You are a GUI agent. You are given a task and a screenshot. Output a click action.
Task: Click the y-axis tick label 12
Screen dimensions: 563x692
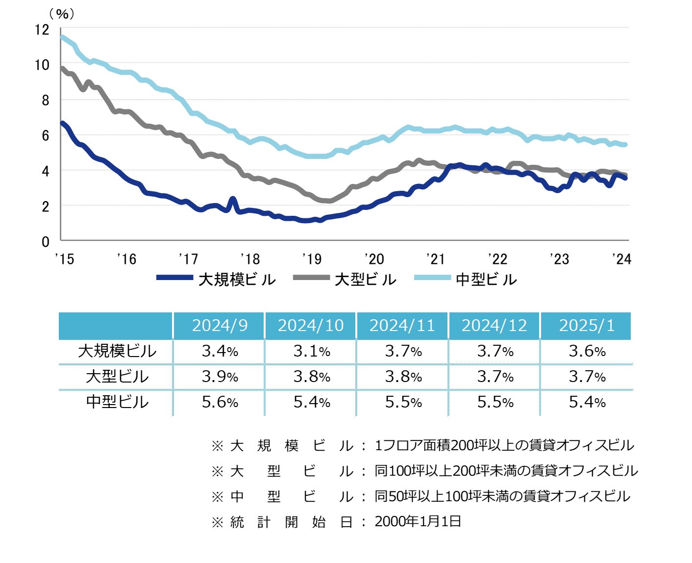tap(43, 29)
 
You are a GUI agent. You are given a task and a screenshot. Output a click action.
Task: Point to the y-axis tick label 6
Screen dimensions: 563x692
tap(46, 135)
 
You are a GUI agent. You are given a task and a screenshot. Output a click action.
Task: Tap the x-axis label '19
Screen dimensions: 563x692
tap(312, 258)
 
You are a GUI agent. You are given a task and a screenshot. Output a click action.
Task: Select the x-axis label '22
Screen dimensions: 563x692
tap(497, 258)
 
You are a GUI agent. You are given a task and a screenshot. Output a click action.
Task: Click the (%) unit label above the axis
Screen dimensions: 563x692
tap(62, 14)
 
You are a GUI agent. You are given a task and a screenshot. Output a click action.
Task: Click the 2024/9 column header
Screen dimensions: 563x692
tap(220, 326)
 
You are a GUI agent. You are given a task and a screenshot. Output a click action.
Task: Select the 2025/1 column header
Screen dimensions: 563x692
tap(587, 326)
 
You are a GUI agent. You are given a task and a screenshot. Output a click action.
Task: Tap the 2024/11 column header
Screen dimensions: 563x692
tap(402, 326)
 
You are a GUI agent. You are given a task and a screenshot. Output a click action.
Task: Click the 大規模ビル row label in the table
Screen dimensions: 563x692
tap(117, 351)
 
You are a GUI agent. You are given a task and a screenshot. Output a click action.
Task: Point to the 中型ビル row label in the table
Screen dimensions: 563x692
tap(117, 402)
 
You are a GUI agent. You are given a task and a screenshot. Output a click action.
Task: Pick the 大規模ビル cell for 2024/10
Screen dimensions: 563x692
tap(312, 351)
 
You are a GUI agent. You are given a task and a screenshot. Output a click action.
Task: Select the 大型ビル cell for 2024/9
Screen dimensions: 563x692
tap(220, 377)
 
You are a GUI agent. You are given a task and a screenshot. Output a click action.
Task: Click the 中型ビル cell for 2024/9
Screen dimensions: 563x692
tap(220, 402)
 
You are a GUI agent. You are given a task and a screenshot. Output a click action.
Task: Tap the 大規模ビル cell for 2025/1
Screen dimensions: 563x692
tap(587, 351)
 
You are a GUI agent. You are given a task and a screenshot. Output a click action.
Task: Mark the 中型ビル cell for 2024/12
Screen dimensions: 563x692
tap(495, 402)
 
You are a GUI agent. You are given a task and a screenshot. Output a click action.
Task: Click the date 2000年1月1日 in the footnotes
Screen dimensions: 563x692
tap(418, 521)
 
